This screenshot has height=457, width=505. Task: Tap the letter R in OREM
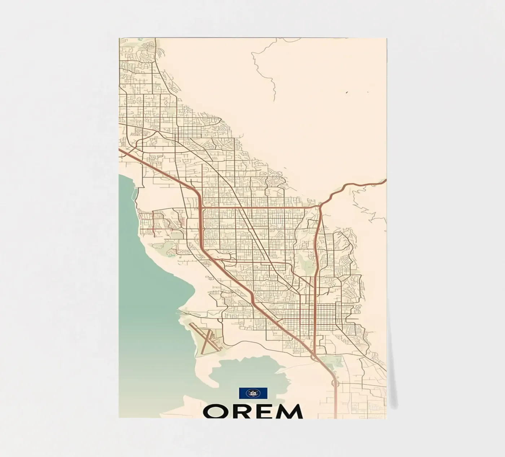pyautogui.click(x=243, y=411)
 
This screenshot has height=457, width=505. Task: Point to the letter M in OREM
pyautogui.click(x=290, y=411)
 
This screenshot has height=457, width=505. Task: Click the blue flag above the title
pyautogui.click(x=253, y=393)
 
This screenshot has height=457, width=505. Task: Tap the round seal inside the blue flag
pyautogui.click(x=253, y=393)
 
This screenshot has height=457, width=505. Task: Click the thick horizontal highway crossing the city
pyautogui.click(x=260, y=207)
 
